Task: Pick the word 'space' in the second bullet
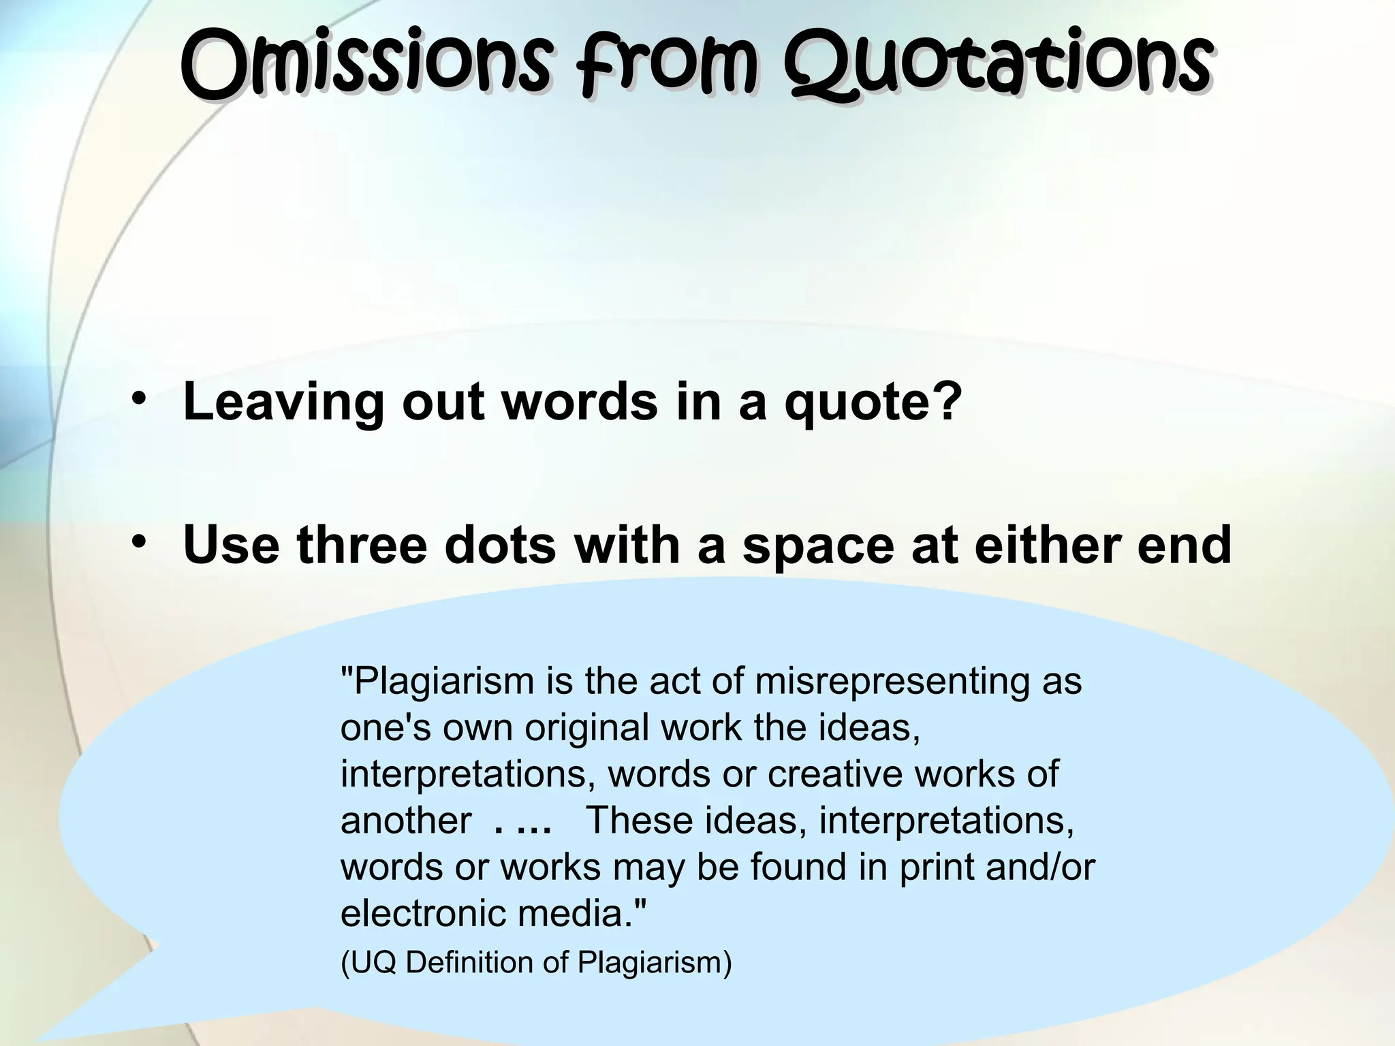tap(817, 546)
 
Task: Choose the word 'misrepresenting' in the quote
tap(893, 682)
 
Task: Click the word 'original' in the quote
tap(586, 728)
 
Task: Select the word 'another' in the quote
tap(406, 821)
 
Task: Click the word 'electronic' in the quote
tap(423, 913)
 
